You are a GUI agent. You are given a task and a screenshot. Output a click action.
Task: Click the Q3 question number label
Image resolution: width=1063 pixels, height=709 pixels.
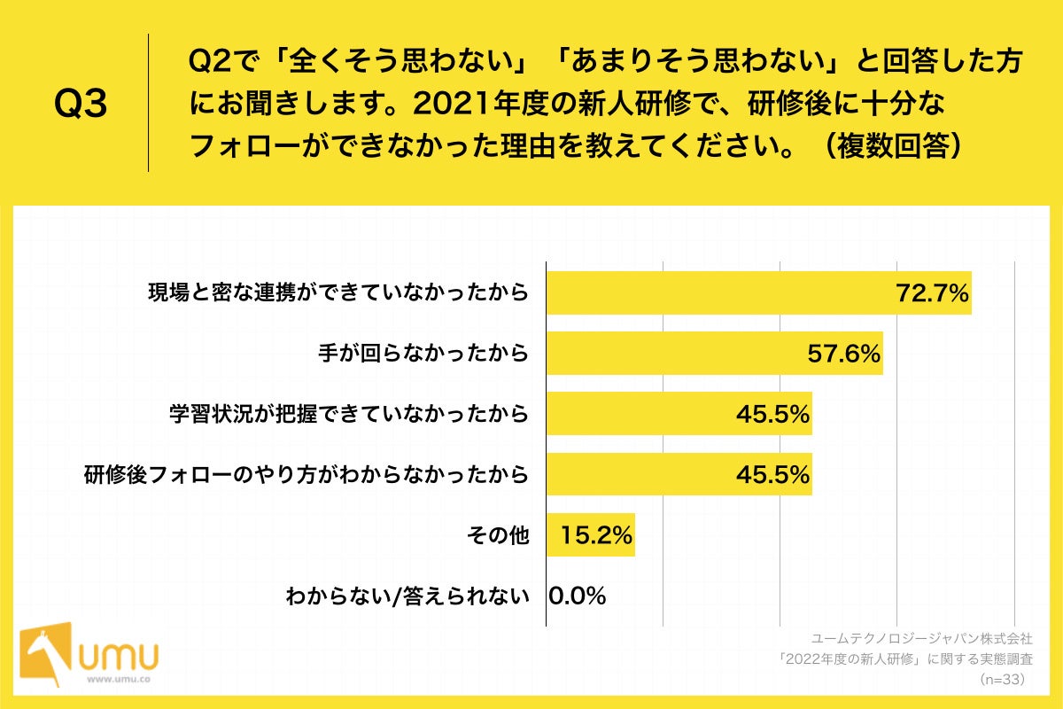81,105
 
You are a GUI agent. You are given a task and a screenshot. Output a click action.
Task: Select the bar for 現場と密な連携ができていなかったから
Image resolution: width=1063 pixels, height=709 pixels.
758,292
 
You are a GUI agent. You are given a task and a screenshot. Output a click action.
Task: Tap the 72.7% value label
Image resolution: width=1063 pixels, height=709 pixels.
933,293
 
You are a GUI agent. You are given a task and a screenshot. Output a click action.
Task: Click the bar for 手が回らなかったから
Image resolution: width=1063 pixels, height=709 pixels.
714,353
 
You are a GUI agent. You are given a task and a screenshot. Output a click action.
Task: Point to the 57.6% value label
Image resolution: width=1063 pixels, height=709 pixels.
844,354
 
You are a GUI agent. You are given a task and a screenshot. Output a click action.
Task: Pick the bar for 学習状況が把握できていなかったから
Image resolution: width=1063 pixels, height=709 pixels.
679,414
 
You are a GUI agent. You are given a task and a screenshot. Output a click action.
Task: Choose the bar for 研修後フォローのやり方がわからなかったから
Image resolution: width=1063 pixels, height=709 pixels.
679,474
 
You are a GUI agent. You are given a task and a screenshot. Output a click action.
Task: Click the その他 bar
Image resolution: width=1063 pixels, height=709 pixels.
590,534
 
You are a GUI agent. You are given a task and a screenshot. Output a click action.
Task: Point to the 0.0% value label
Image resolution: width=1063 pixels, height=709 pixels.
577,596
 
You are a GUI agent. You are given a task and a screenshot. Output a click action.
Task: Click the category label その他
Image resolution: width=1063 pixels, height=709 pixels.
497,535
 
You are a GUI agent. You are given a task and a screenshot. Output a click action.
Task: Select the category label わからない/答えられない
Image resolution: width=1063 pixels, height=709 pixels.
407,596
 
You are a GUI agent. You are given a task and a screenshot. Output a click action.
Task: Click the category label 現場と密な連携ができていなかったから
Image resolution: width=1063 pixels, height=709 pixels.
338,293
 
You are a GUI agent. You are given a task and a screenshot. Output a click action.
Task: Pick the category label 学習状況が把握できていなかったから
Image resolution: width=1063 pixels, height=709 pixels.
349,414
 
